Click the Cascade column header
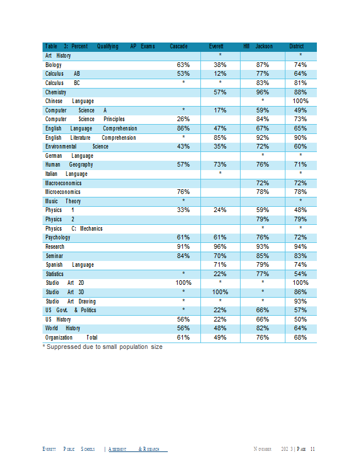coord(178,47)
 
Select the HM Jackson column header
coord(257,47)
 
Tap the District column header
coord(297,47)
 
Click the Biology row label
coord(53,65)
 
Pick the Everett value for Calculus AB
coord(220,74)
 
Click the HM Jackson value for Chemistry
coord(263,92)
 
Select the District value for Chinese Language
coord(300,101)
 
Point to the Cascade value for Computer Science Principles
coord(183,119)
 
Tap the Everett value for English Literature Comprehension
coord(220,137)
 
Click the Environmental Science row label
coord(77,147)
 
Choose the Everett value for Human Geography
coord(220,164)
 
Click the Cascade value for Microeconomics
coord(183,192)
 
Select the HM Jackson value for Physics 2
coord(263,219)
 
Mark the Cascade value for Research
coord(183,246)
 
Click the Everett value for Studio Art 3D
coord(220,292)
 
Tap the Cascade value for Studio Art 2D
coord(183,283)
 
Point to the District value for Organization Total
coord(300,337)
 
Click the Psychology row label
coord(58,238)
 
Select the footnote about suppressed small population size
coord(103,347)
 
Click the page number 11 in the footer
coord(312,449)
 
